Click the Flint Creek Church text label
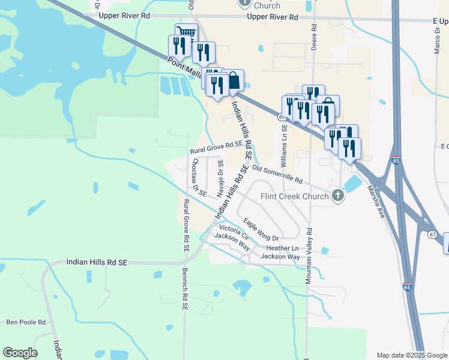pos(294,196)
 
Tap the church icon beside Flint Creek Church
pos(339,196)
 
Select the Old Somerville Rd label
pos(277,174)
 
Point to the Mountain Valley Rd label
pos(309,255)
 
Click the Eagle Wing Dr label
pos(262,230)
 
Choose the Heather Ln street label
pos(282,248)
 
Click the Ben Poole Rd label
pos(26,322)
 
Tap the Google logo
pos(20,353)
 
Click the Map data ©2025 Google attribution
pos(411,355)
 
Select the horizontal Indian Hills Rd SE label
pos(97,262)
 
